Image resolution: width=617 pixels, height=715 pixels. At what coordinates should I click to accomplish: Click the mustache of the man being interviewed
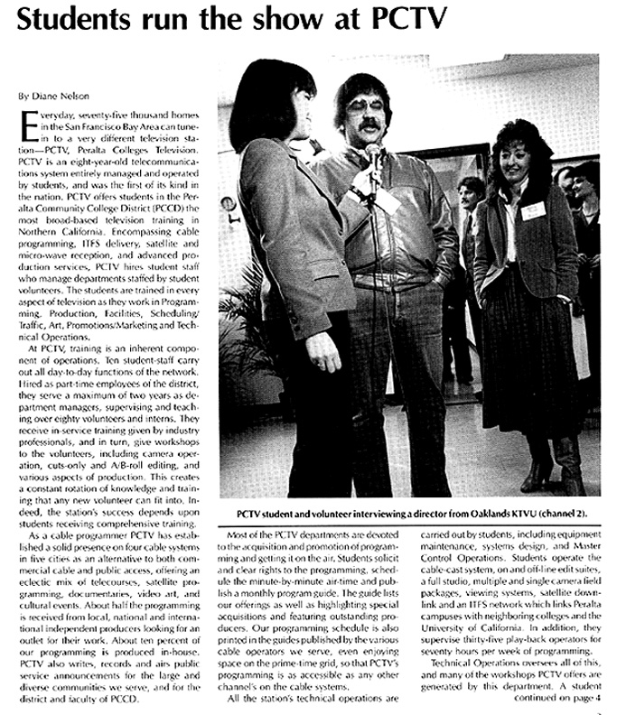pos(359,125)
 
